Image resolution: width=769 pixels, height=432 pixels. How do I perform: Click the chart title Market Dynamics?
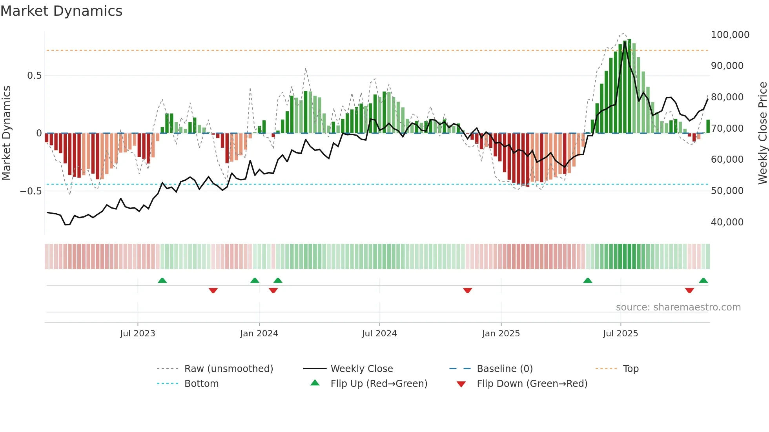pyautogui.click(x=62, y=11)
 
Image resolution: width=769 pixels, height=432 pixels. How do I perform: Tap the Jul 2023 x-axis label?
pyautogui.click(x=138, y=333)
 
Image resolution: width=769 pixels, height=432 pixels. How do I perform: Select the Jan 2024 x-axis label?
pyautogui.click(x=259, y=333)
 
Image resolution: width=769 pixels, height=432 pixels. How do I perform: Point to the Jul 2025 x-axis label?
pyautogui.click(x=620, y=333)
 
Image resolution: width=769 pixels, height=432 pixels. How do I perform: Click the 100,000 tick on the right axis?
pyautogui.click(x=730, y=34)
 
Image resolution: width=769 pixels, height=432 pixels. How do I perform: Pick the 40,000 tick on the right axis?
pyautogui.click(x=727, y=222)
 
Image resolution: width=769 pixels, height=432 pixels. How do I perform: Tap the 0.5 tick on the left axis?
pyautogui.click(x=34, y=75)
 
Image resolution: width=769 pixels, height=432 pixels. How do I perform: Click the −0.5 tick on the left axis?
pyautogui.click(x=31, y=191)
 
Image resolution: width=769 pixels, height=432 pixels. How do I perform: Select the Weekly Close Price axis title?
pyautogui.click(x=762, y=133)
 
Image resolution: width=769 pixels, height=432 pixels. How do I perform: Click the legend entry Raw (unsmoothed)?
pyautogui.click(x=228, y=368)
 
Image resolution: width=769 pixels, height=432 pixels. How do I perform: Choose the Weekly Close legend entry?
pyautogui.click(x=361, y=368)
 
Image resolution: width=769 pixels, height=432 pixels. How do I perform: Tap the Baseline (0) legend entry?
pyautogui.click(x=505, y=368)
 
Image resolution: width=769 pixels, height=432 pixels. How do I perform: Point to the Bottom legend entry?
pyautogui.click(x=201, y=383)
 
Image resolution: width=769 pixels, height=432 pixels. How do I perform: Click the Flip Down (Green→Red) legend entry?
pyautogui.click(x=532, y=383)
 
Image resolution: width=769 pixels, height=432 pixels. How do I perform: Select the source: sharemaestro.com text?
pyautogui.click(x=678, y=307)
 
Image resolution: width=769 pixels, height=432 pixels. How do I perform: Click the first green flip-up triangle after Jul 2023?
pyautogui.click(x=162, y=280)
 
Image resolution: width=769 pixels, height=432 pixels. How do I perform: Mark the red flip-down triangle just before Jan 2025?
pyautogui.click(x=467, y=290)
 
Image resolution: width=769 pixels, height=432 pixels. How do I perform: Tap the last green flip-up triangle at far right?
pyautogui.click(x=703, y=280)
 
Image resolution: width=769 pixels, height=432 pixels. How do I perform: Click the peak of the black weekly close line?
pyautogui.click(x=625, y=42)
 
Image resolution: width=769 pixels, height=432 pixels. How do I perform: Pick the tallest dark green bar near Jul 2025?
pyautogui.click(x=629, y=86)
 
